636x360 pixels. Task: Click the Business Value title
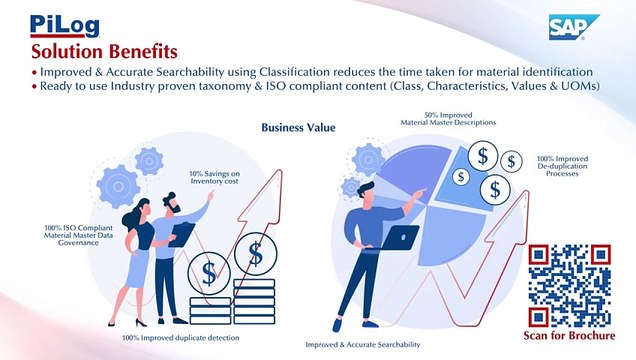pyautogui.click(x=298, y=127)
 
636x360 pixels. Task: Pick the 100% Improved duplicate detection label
pyautogui.click(x=181, y=338)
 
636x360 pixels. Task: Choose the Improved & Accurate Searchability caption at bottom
pyautogui.click(x=362, y=344)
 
